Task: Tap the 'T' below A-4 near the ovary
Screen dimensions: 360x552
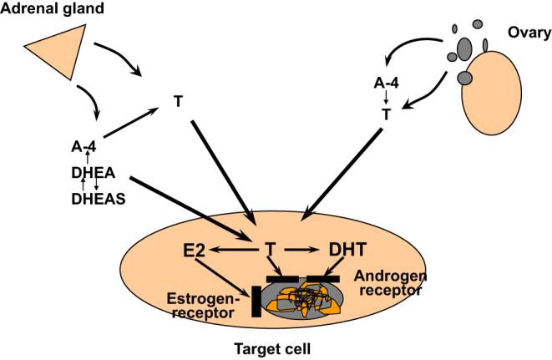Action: [386, 115]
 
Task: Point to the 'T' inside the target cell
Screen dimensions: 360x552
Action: [270, 249]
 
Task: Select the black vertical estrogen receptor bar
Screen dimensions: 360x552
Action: [254, 302]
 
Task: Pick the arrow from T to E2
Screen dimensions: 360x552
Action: [233, 250]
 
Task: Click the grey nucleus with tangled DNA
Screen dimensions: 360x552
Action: [301, 302]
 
